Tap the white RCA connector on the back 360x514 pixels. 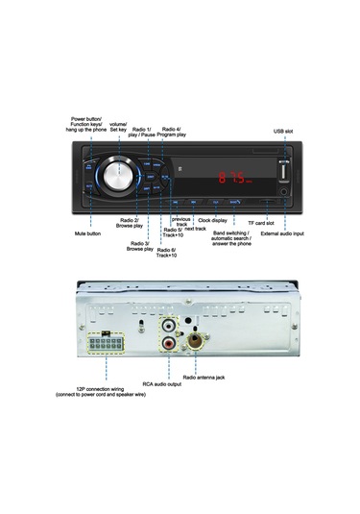coord(169,326)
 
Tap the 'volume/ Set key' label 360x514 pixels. coord(118,126)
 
